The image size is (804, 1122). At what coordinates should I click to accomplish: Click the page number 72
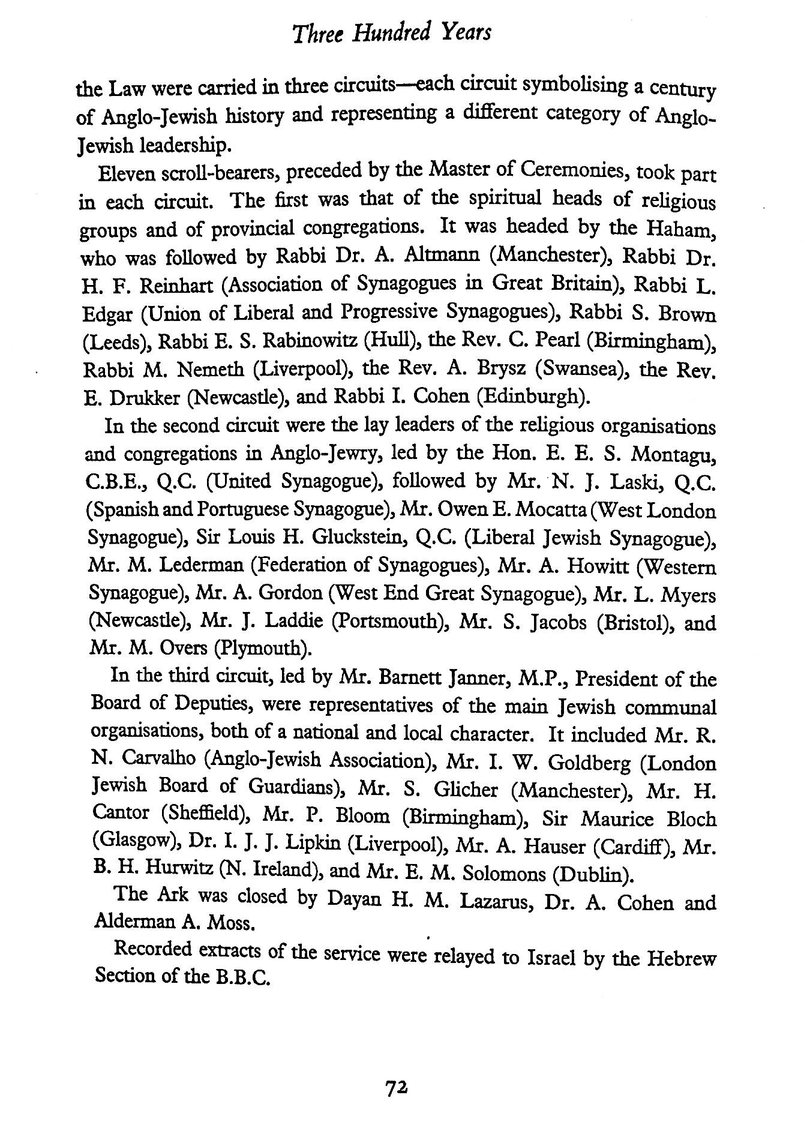pos(397,1085)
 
